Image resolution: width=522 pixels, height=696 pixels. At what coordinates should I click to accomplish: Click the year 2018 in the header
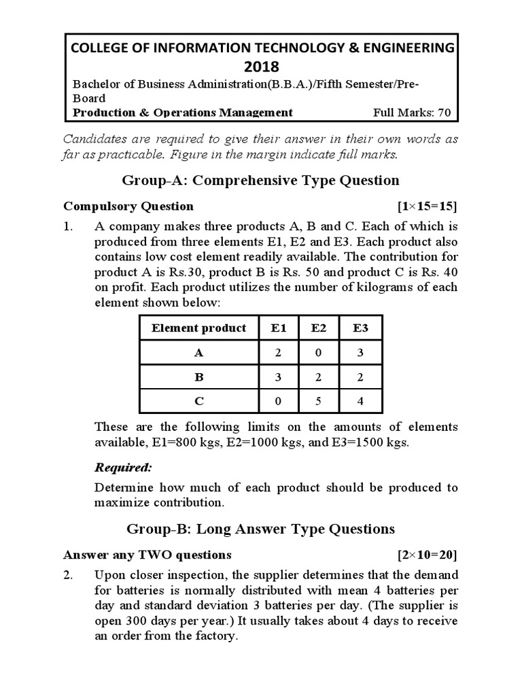[261, 66]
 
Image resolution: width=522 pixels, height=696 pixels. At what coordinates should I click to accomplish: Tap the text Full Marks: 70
[412, 113]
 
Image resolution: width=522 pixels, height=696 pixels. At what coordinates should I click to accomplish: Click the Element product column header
[198, 328]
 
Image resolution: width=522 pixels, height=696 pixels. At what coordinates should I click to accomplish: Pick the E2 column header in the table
[319, 328]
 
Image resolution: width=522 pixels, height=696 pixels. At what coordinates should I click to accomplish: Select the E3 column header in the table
[361, 328]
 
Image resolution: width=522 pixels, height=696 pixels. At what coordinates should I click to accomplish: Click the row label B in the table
[198, 377]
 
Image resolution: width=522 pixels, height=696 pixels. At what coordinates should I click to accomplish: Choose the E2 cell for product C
[319, 401]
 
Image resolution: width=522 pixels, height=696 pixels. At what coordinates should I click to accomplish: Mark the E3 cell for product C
[361, 401]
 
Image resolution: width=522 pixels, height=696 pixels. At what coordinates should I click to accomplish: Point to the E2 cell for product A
[319, 353]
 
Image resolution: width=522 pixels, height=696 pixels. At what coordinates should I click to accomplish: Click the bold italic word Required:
[123, 468]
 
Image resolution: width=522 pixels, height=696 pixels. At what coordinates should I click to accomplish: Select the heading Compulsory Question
[128, 206]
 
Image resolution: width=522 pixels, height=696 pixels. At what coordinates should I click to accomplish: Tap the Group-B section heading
[260, 528]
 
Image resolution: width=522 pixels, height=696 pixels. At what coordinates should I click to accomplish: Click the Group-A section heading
[260, 180]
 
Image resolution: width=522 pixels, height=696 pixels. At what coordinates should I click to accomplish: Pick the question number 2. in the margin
[68, 575]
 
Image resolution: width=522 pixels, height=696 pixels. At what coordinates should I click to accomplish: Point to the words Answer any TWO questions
[147, 555]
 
